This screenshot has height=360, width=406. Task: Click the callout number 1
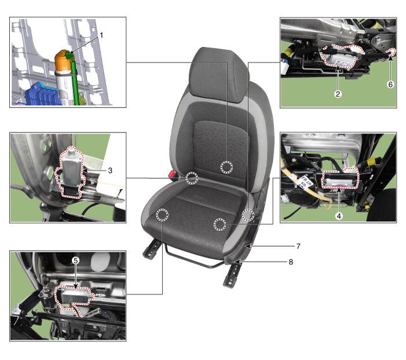pyautogui.click(x=101, y=35)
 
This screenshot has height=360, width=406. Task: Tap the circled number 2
pyautogui.click(x=338, y=94)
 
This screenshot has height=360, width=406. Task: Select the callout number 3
pyautogui.click(x=110, y=171)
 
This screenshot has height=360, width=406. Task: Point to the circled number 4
pyautogui.click(x=339, y=216)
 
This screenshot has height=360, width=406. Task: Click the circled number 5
pyautogui.click(x=75, y=260)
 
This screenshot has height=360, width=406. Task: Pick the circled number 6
pyautogui.click(x=390, y=85)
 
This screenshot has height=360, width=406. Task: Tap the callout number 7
pyautogui.click(x=298, y=246)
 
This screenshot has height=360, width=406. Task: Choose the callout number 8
pyautogui.click(x=291, y=262)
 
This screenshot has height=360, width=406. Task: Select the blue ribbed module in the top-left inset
pyautogui.click(x=43, y=94)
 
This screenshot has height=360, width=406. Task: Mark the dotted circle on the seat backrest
pyautogui.click(x=226, y=167)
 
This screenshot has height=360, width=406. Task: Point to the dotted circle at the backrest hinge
pyautogui.click(x=192, y=178)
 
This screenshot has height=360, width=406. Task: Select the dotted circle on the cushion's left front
pyautogui.click(x=162, y=215)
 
